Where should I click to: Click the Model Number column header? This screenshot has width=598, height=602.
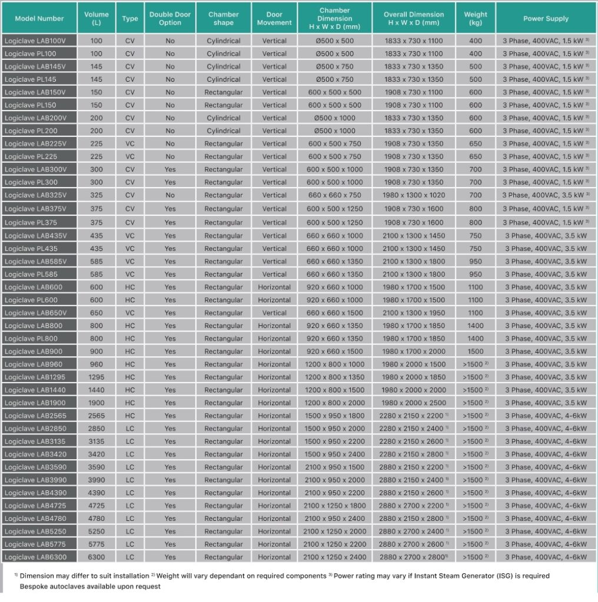click(x=39, y=18)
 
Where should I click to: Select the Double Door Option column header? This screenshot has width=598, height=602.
click(x=170, y=18)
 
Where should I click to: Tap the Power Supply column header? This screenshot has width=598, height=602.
click(x=546, y=18)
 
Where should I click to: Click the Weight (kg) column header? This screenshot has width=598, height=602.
click(x=475, y=18)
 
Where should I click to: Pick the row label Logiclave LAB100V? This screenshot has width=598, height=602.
click(x=35, y=41)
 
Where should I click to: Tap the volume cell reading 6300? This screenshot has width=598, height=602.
click(x=96, y=557)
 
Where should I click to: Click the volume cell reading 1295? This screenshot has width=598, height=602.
click(x=96, y=377)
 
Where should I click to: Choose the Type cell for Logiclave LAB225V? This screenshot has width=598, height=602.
click(x=129, y=144)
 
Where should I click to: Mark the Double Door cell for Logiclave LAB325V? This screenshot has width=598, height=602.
click(x=170, y=195)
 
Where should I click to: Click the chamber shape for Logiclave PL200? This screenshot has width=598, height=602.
click(x=224, y=131)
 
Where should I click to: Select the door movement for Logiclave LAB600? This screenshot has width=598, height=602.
click(x=274, y=287)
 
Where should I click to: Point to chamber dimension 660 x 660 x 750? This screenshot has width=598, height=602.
click(x=335, y=195)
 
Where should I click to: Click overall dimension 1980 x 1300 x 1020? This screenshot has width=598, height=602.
click(x=414, y=195)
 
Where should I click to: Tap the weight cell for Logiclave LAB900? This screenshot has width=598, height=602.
click(x=475, y=352)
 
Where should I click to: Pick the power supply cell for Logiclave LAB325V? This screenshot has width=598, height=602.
click(x=546, y=195)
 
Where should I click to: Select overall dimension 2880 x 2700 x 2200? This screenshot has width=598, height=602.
click(x=411, y=506)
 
